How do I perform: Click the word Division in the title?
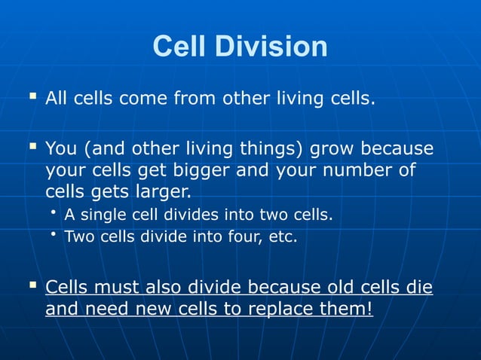coord(271,47)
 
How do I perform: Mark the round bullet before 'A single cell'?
coord(55,214)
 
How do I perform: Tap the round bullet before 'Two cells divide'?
coord(55,236)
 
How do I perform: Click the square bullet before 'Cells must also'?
coord(32,285)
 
